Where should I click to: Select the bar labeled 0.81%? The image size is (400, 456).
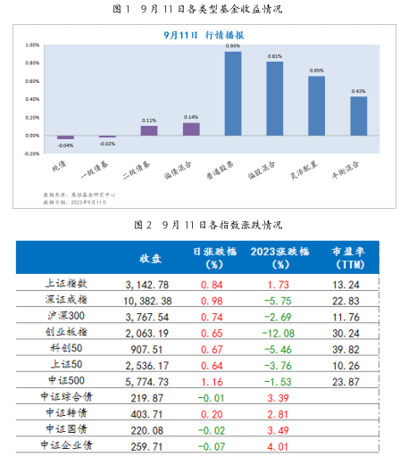[x=274, y=99]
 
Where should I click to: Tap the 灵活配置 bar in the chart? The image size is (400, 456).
[x=316, y=106]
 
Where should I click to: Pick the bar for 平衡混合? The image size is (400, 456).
[x=358, y=116]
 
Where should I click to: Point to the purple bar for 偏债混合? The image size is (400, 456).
[x=191, y=129]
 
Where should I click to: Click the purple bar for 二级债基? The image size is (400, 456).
[x=149, y=130]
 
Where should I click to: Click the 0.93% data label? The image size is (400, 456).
[x=233, y=46]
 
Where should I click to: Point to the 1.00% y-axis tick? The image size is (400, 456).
[x=32, y=44]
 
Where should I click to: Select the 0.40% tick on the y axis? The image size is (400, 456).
[x=32, y=99]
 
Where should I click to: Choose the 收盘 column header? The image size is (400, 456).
[x=150, y=258]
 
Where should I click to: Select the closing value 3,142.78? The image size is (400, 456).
[x=150, y=284]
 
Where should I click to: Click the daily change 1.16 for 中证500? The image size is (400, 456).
[x=210, y=381]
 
